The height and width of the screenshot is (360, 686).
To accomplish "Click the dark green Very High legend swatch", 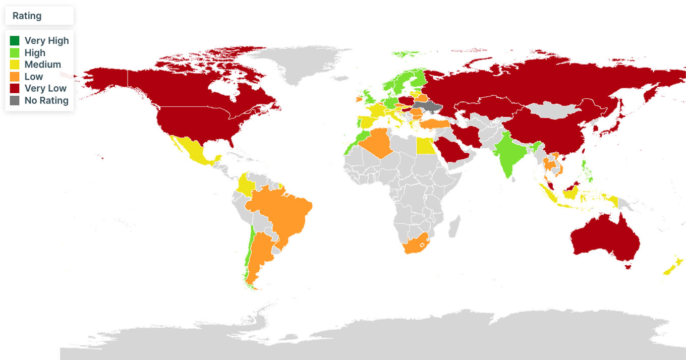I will coord(15,41).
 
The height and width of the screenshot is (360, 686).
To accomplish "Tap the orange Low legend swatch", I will coord(15,77).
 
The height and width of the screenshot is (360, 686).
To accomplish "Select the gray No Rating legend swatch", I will coord(15,100).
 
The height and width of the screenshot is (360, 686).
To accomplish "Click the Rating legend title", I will coord(27,16).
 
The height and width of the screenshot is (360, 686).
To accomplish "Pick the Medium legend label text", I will coord(42,65).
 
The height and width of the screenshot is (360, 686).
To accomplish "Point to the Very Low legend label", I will coord(45,88).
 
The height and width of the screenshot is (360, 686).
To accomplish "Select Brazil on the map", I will coord(282,212).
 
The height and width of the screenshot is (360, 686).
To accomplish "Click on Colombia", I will coord(246,184).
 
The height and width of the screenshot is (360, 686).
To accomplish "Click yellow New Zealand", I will coord(673,267).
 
